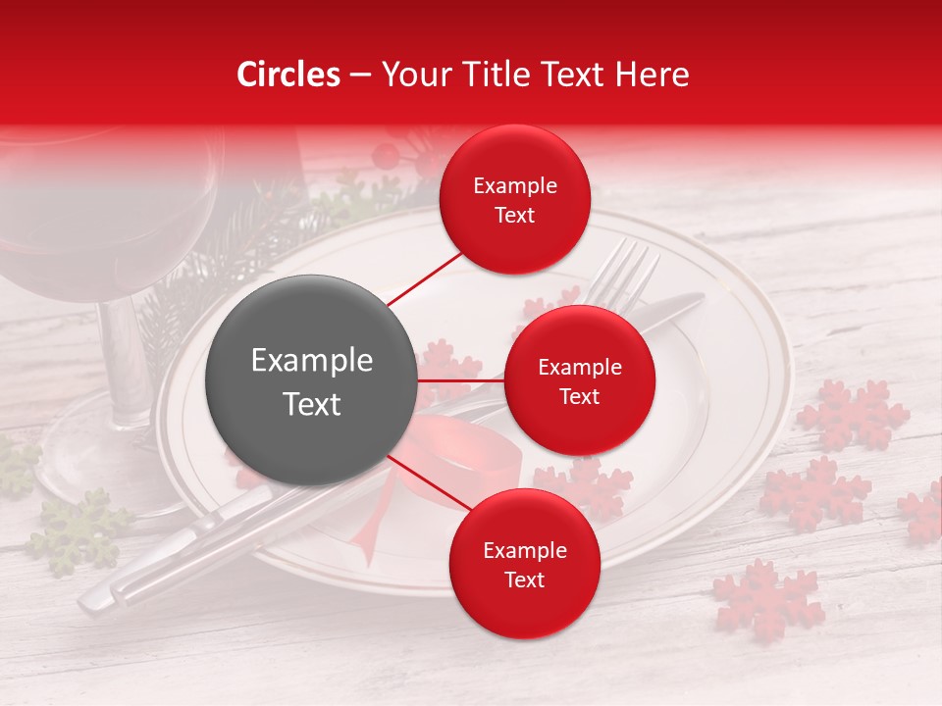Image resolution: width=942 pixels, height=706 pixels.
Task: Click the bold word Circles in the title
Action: coord(288,75)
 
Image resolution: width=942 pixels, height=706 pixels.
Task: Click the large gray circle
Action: coord(311,380)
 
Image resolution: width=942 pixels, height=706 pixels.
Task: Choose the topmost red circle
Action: coord(515,199)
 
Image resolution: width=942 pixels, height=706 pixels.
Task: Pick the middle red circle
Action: coord(579,380)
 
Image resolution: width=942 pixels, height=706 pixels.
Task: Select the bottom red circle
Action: coord(524,564)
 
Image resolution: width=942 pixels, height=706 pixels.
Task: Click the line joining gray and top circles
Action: coord(424,278)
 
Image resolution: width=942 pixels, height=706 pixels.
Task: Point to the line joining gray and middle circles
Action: coord(460,380)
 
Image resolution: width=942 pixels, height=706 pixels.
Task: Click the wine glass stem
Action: coord(128,353)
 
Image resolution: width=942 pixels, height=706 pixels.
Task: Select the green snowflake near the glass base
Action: coord(78,529)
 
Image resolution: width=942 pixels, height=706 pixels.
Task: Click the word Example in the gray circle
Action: coord(311,361)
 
